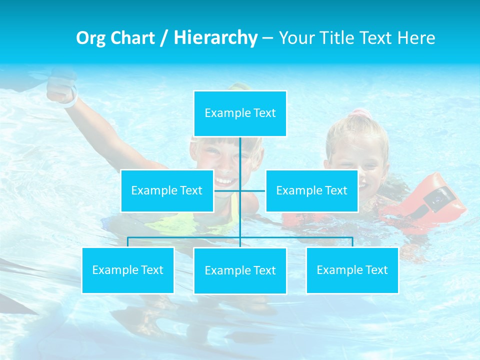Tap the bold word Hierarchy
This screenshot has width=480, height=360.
tap(215, 38)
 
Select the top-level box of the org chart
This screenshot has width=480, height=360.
tap(240, 113)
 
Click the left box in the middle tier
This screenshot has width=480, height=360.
tap(167, 190)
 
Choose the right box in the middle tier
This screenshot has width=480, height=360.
tap(311, 190)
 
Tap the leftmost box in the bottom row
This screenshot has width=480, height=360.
tap(128, 270)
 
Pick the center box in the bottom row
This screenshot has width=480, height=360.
tap(240, 270)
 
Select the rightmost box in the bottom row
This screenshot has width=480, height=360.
tap(352, 270)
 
